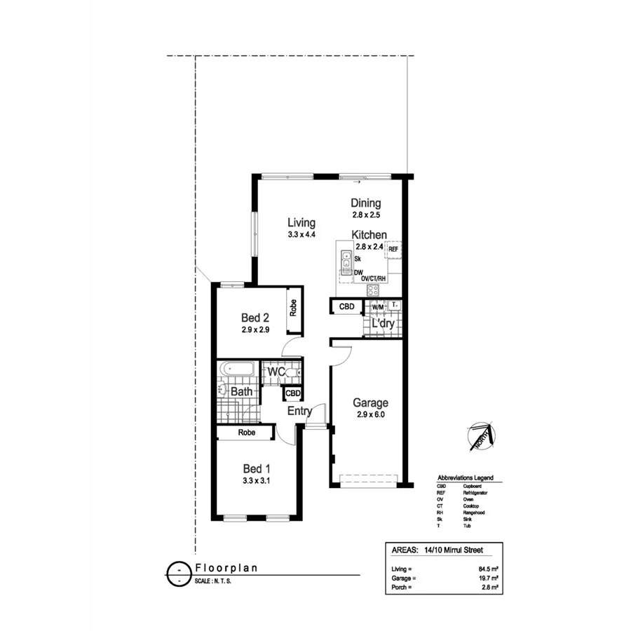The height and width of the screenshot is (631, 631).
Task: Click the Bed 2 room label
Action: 256,316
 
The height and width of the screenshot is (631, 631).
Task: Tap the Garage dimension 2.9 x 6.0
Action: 370,414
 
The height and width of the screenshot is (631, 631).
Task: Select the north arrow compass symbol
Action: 480,437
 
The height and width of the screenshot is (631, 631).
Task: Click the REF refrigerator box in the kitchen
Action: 393,249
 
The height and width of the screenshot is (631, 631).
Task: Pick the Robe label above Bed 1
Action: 246,433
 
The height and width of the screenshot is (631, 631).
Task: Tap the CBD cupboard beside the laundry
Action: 346,307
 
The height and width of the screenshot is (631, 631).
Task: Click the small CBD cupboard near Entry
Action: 293,394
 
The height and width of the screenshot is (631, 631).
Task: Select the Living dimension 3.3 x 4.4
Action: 301,236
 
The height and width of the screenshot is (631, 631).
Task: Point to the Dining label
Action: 366,203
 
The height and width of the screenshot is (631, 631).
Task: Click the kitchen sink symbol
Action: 346,260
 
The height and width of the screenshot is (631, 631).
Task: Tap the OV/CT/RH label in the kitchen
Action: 374,278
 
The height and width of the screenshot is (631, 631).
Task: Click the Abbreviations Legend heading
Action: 466,477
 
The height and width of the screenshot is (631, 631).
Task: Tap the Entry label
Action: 299,412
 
